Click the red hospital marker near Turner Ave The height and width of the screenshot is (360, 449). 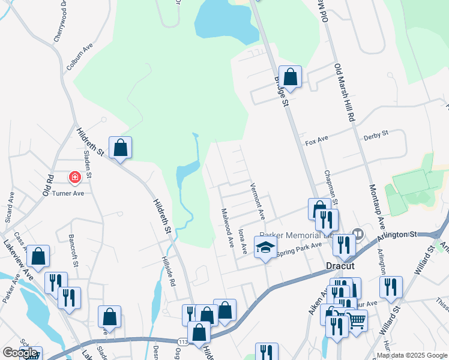[x=74, y=178]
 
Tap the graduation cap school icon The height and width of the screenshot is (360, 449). [x=264, y=247]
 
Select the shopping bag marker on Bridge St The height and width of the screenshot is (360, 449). [x=290, y=77]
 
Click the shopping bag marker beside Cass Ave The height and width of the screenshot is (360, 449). [x=38, y=256]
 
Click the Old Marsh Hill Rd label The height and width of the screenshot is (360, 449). [x=345, y=92]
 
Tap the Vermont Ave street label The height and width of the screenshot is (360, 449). [x=257, y=200]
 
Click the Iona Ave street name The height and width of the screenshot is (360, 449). [x=243, y=239]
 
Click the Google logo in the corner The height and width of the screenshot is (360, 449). [x=19, y=352]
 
